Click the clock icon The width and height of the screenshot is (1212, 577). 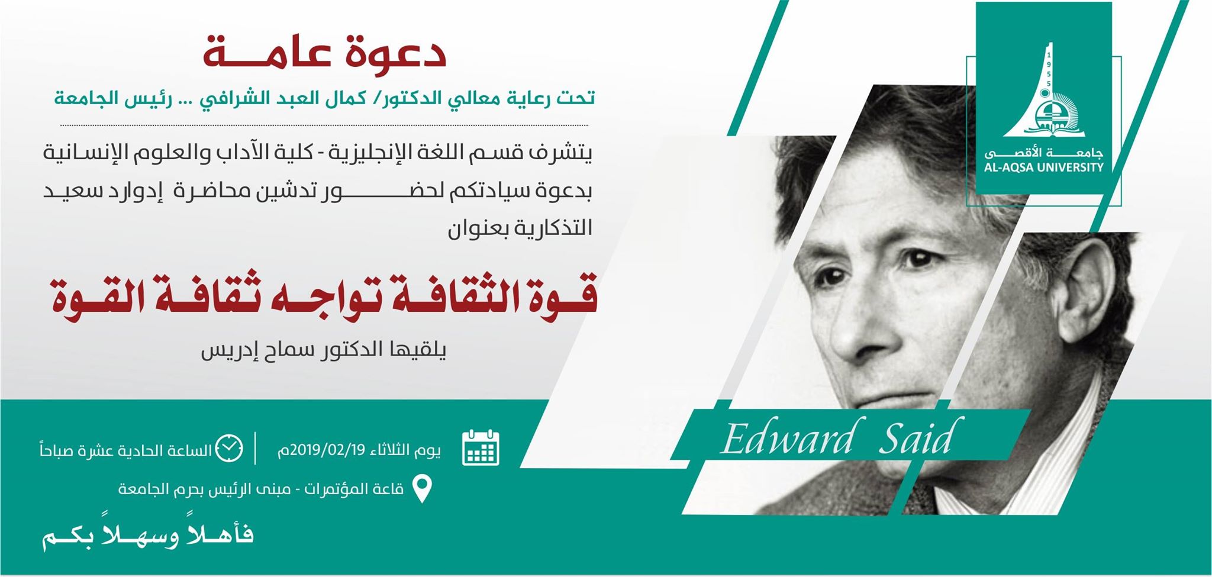tap(228, 449)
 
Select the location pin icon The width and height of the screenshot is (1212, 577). tap(421, 489)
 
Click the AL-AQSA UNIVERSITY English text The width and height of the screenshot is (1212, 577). tap(1044, 167)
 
